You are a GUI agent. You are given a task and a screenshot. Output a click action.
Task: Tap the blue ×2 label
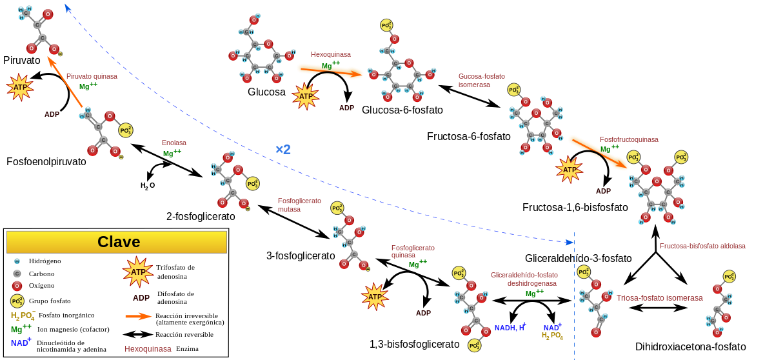(283, 150)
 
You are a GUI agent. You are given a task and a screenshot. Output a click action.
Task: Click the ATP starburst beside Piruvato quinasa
(20, 87)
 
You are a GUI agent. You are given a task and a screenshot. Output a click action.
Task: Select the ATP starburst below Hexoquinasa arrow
(305, 96)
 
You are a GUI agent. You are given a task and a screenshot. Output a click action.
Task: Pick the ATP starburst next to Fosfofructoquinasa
(570, 170)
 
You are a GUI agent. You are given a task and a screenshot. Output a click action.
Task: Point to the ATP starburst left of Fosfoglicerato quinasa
(375, 297)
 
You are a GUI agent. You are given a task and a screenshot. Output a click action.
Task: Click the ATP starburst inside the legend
(138, 272)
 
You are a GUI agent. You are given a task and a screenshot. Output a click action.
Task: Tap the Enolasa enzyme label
(174, 143)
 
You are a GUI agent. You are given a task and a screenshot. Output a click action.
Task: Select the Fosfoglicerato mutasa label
(299, 205)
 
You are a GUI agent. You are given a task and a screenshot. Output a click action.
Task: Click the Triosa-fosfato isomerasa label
(659, 297)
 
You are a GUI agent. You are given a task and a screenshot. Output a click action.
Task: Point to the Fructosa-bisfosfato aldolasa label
(702, 246)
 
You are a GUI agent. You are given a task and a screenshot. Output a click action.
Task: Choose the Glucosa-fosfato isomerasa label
(481, 80)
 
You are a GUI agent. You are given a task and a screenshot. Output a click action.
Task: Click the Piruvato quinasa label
(92, 76)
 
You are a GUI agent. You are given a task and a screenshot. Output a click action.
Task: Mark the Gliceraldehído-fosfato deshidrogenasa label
(524, 279)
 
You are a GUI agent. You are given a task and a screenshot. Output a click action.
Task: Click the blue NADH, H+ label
(510, 328)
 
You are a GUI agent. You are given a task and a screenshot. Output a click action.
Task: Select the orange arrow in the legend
(138, 316)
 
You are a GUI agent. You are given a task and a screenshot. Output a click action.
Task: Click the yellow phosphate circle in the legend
(17, 301)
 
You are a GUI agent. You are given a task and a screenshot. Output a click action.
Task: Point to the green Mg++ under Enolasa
(172, 154)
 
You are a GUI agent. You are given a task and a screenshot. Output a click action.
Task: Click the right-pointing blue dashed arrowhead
(570, 243)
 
